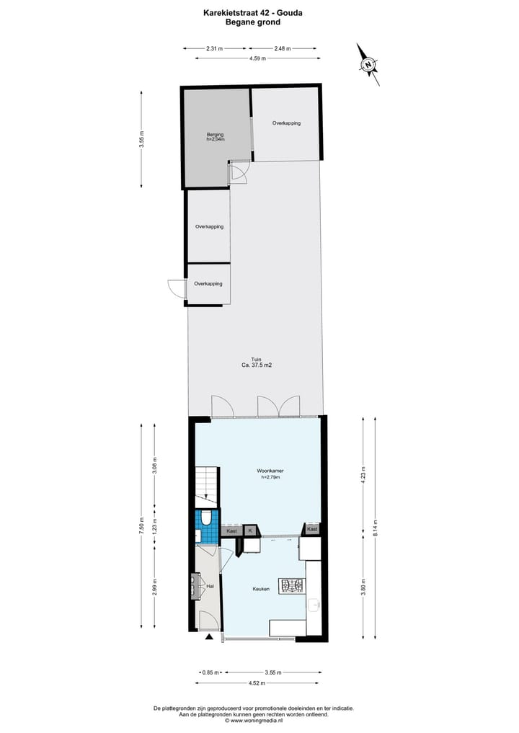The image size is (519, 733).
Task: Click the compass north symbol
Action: (369, 65)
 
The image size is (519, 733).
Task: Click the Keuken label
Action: (261, 589)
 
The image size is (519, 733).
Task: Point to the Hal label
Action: (210, 587)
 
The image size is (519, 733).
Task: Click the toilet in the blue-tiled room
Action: (207, 517)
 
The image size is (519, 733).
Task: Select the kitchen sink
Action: (314, 605)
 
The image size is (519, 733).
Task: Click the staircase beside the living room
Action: (206, 483)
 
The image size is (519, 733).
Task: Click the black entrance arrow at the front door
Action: (210, 637)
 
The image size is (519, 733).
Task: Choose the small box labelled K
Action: (250, 530)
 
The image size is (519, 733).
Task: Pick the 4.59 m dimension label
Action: (257, 58)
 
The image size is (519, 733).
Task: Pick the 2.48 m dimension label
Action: (282, 48)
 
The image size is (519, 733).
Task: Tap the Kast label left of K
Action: (231, 530)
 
